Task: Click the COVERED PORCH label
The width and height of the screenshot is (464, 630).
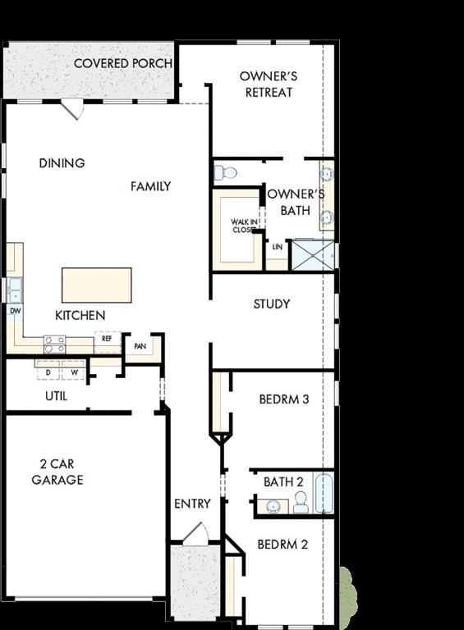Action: tap(123, 63)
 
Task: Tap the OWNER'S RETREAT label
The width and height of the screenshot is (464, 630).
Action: tap(269, 84)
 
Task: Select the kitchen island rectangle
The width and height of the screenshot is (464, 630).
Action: tap(96, 285)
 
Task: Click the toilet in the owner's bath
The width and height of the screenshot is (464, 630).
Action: tap(225, 172)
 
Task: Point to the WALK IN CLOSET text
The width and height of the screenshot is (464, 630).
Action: tap(243, 226)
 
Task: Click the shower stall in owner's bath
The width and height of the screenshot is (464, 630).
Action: tap(312, 254)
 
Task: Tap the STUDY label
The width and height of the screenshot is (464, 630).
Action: tap(271, 304)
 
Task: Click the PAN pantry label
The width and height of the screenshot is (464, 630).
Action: tap(140, 346)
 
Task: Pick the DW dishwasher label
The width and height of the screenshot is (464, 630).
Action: tap(15, 311)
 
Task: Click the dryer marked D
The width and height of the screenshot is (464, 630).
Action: tap(48, 372)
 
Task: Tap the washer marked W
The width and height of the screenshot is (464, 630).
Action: tap(74, 372)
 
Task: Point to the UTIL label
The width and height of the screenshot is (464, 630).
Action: tap(56, 396)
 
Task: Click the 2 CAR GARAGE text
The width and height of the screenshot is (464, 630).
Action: tap(57, 472)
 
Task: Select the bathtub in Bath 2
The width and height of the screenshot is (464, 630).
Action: tap(324, 493)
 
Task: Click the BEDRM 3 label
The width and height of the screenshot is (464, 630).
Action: tap(283, 399)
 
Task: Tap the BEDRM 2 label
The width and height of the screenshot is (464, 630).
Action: tap(282, 544)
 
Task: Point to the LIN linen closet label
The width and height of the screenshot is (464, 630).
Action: tap(277, 246)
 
